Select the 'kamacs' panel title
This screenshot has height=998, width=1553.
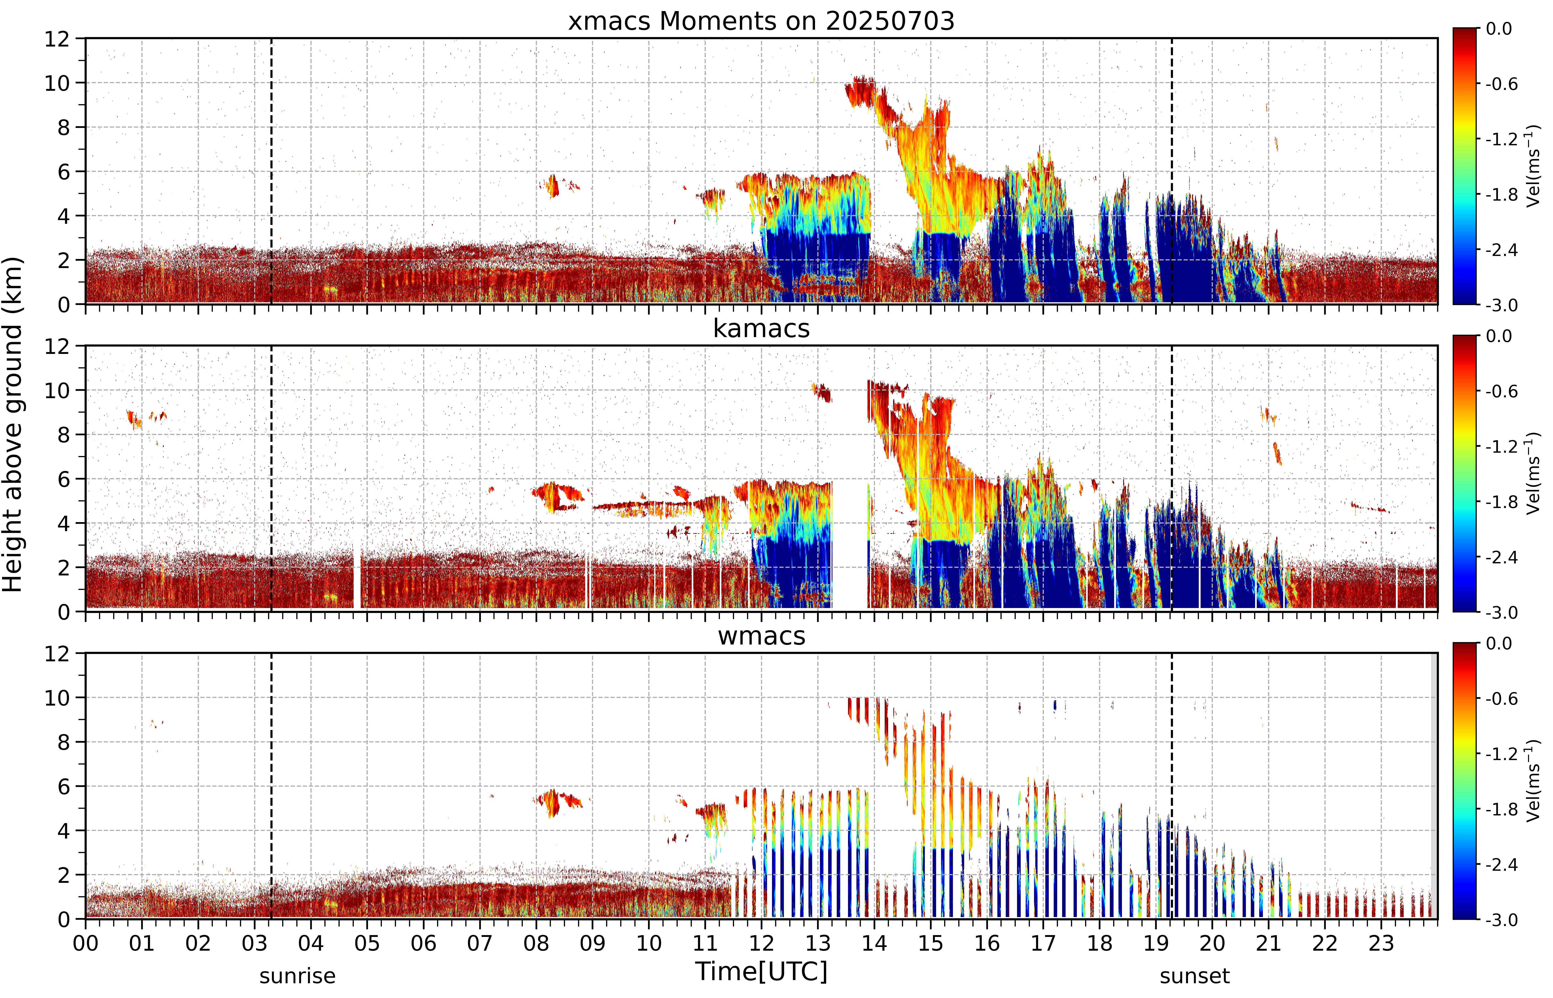click(761, 328)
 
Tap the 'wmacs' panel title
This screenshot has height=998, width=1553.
click(761, 636)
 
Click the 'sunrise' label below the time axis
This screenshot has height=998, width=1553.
click(297, 975)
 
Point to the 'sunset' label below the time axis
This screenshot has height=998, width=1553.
click(1194, 975)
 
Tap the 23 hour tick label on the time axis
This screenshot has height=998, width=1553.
click(1381, 943)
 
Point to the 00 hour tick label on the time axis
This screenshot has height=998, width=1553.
click(85, 943)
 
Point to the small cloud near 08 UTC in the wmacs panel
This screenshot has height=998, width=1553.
click(557, 802)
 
